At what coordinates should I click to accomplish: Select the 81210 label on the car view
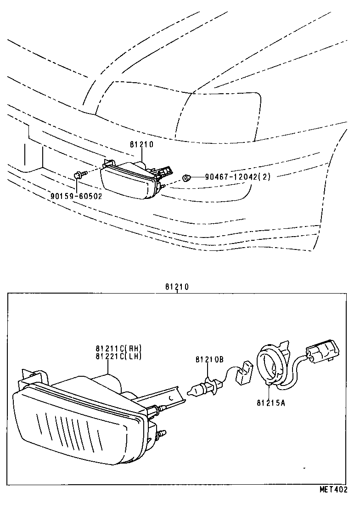point(141,144)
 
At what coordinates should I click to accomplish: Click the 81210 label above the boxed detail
point(177,287)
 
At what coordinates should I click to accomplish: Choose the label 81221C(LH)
point(119,356)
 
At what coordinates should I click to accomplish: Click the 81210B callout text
point(209,360)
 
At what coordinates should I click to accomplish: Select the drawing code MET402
point(333,490)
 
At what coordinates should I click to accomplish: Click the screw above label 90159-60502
point(79,175)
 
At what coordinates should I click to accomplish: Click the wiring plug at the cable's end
point(322,352)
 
